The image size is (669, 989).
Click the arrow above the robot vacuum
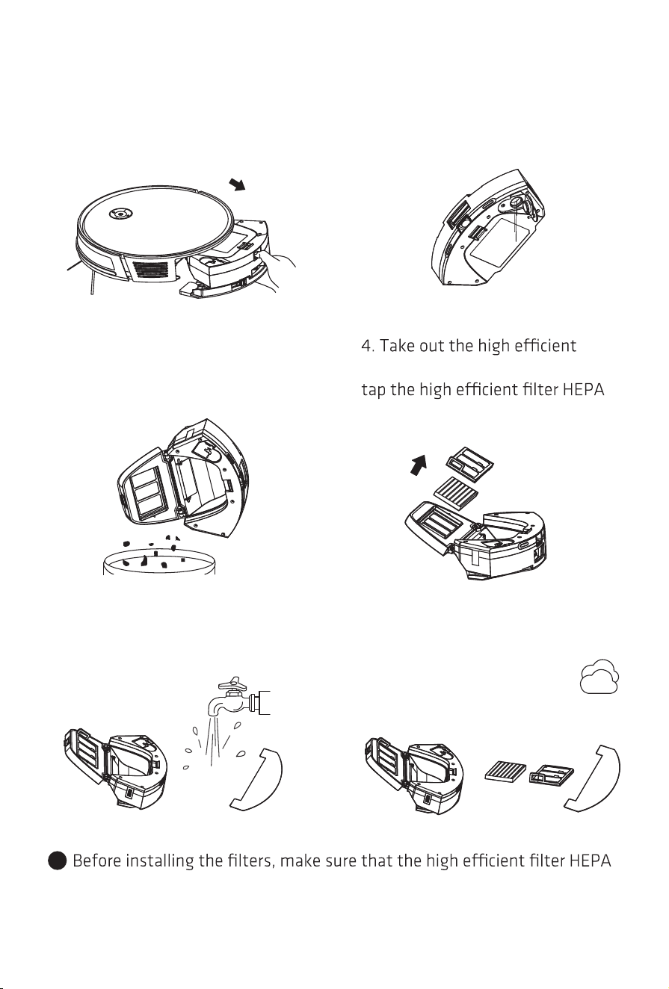point(237,184)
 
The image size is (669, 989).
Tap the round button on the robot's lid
point(120,214)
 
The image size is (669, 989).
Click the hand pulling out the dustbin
point(277,270)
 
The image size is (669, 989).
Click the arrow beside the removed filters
point(419,465)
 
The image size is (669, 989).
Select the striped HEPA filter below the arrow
point(456,491)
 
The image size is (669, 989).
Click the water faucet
point(238,698)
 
